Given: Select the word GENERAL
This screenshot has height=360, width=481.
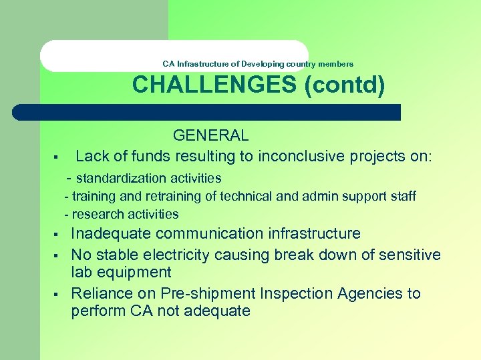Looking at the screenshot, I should click(210, 135).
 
